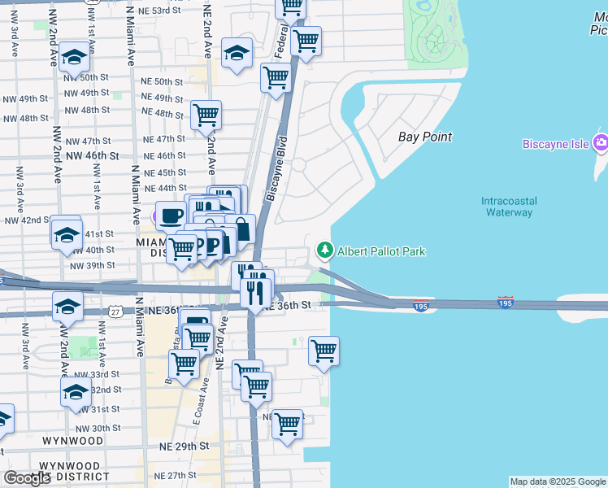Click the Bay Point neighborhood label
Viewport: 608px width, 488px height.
425,137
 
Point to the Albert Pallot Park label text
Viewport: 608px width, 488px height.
381,251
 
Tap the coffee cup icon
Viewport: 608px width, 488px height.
171,216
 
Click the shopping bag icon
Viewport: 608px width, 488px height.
241,229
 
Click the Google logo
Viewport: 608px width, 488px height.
27,478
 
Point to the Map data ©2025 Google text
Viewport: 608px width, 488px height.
558,481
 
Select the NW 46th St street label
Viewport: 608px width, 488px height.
93,155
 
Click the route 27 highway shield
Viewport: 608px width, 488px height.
115,311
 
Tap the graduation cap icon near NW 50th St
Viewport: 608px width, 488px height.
74,58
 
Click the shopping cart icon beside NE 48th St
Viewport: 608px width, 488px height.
206,114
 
